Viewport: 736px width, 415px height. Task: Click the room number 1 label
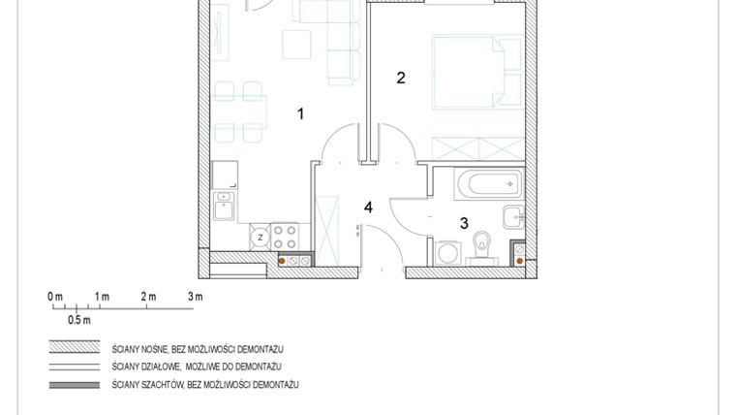pos(300,114)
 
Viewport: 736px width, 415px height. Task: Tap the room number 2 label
pos(401,79)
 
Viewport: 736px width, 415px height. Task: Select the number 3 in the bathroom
pos(464,223)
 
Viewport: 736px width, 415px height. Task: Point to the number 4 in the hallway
pos(368,207)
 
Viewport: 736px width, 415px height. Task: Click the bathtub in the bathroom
pos(475,182)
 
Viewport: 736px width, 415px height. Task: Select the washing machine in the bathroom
pos(446,253)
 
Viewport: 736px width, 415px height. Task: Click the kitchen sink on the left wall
pos(224,205)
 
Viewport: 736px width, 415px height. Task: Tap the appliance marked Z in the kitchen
pos(260,234)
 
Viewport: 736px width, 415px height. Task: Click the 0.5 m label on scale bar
pos(78,319)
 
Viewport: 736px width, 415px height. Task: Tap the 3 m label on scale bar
pos(195,296)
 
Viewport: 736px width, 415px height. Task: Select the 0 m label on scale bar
pos(55,296)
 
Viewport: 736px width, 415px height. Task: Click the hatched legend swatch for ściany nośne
pos(76,347)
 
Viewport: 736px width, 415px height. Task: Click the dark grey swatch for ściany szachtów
pos(76,385)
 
